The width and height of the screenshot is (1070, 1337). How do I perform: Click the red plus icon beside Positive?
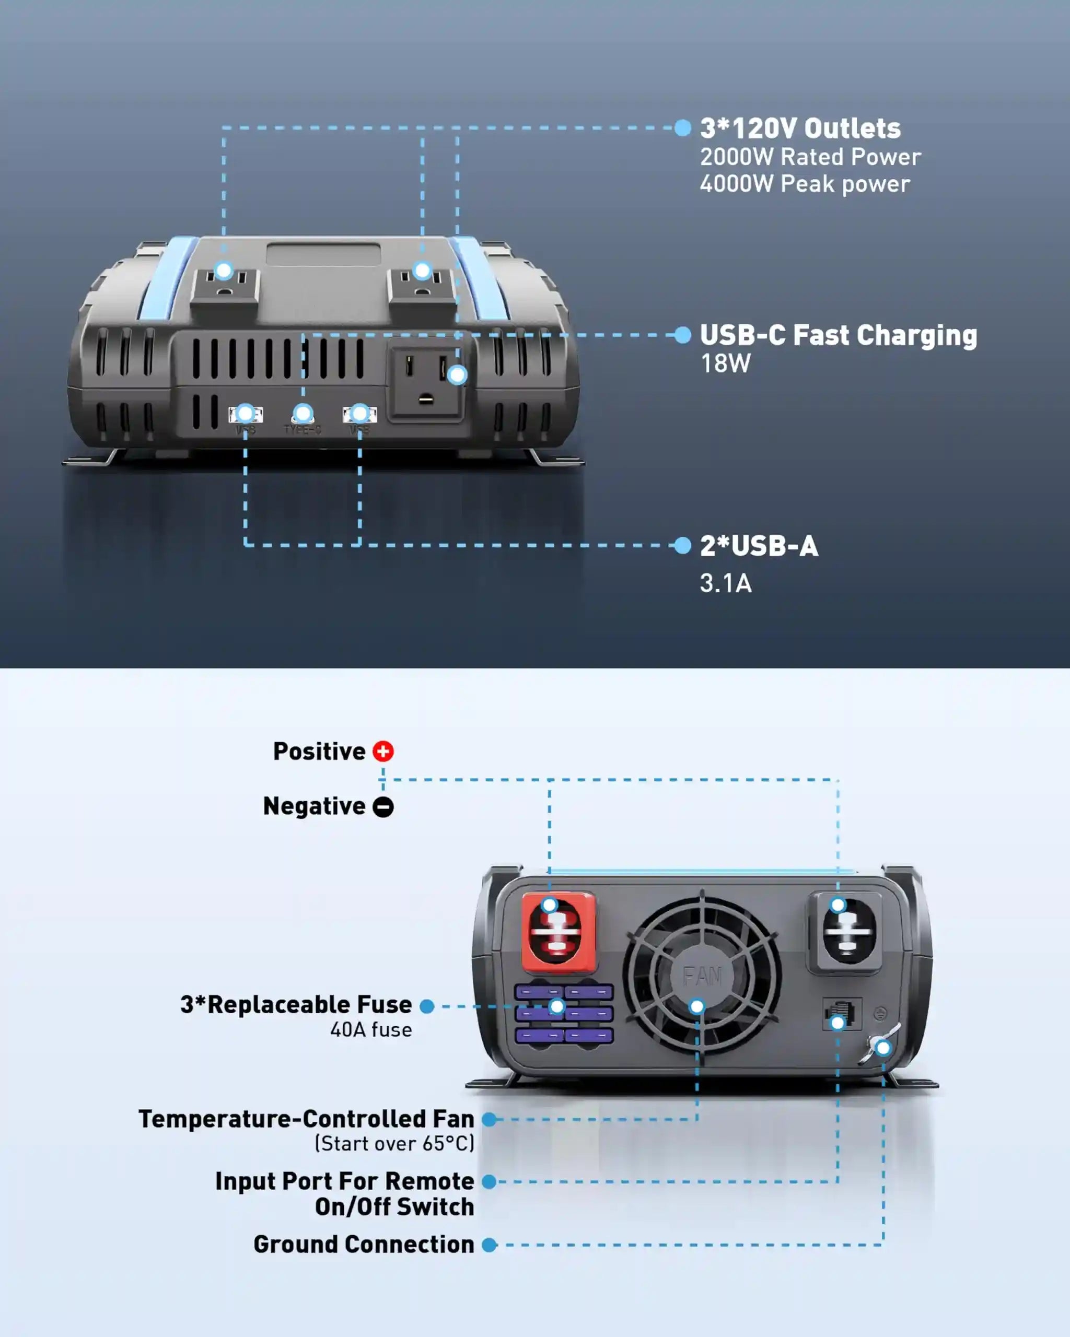pyautogui.click(x=383, y=751)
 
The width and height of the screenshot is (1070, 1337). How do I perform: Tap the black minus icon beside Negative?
pyautogui.click(x=383, y=806)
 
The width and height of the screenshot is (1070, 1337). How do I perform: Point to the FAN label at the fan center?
pyautogui.click(x=702, y=977)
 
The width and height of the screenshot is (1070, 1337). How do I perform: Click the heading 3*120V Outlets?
pyautogui.click(x=800, y=128)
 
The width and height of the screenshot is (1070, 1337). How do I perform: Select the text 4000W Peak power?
pyautogui.click(x=805, y=184)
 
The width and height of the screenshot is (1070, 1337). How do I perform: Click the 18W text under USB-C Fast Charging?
pyautogui.click(x=725, y=363)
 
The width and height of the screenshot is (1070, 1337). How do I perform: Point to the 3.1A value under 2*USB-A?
pyautogui.click(x=725, y=583)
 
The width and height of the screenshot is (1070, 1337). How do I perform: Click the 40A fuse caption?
pyautogui.click(x=371, y=1029)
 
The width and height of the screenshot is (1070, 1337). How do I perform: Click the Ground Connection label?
pyautogui.click(x=364, y=1244)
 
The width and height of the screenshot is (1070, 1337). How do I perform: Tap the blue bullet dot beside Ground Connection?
pyautogui.click(x=490, y=1245)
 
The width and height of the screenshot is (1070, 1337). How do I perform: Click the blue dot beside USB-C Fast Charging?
pyautogui.click(x=682, y=335)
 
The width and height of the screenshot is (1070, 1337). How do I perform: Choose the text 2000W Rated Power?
pyautogui.click(x=810, y=157)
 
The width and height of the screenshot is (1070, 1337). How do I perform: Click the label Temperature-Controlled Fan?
pyautogui.click(x=306, y=1119)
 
